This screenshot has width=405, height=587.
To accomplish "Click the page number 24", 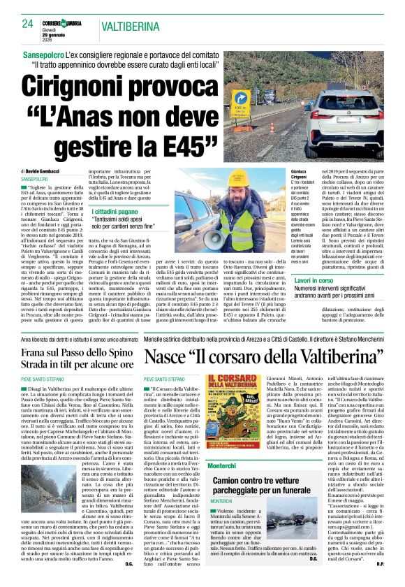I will (28, 23).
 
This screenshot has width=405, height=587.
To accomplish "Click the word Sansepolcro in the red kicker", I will (49, 53).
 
